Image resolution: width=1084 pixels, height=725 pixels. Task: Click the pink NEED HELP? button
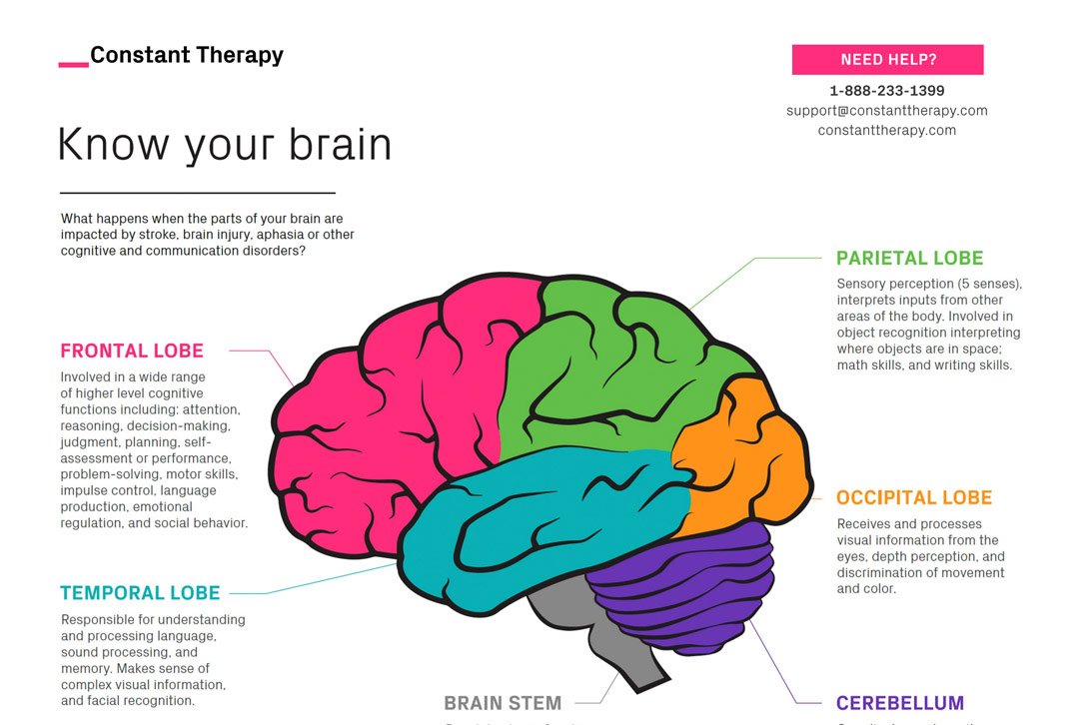(887, 60)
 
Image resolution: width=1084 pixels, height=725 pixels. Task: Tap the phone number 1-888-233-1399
(887, 91)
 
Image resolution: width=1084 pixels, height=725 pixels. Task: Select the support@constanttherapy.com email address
(887, 111)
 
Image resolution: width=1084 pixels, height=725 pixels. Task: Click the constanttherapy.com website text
(887, 131)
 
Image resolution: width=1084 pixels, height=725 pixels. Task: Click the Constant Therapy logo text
(187, 56)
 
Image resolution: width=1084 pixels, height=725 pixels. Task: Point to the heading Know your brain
(225, 145)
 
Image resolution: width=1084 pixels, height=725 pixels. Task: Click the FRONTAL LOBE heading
(132, 352)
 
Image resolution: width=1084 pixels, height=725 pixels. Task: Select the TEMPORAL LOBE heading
(140, 593)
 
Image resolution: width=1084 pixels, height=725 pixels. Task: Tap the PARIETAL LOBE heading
(909, 259)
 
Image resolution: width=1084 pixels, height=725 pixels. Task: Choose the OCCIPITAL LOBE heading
(914, 498)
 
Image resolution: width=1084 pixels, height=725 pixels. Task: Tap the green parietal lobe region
(609, 369)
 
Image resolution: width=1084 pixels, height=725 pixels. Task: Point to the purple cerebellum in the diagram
(689, 589)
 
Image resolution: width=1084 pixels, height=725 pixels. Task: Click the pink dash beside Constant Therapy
(73, 65)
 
